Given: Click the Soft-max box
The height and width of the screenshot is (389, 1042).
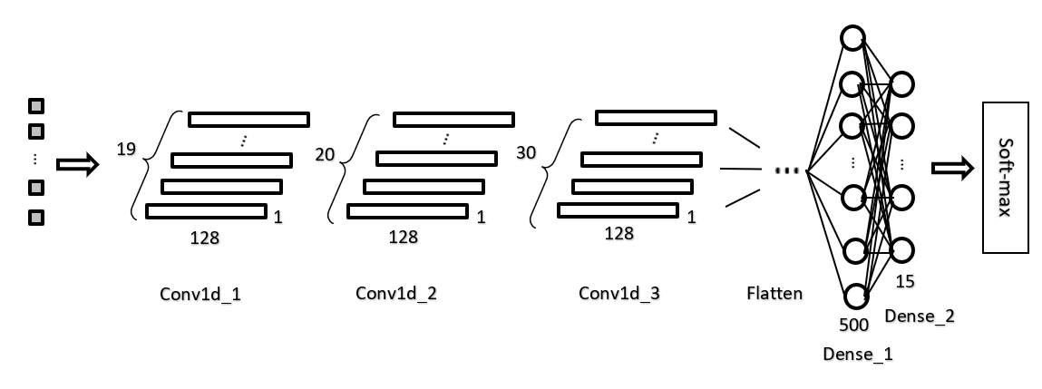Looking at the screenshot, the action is point(1006,178).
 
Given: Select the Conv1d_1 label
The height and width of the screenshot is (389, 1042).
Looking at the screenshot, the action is point(200,294).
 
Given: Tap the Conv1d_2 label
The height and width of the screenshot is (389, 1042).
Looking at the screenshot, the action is point(396,293).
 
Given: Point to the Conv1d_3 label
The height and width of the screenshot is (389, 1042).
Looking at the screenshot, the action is point(619,293).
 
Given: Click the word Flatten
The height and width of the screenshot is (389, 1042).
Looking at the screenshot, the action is point(774,293).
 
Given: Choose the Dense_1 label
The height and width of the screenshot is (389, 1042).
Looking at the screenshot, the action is point(857,354).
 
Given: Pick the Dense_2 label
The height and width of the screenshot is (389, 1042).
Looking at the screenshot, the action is point(919,316).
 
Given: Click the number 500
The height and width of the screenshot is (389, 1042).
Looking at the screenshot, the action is point(854,325).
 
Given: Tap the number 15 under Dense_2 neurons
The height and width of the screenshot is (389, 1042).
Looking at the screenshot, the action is point(905,281).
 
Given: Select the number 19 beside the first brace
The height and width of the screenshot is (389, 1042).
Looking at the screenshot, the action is point(126,149).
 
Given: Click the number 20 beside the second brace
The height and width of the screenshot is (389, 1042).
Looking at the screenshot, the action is point(325,154).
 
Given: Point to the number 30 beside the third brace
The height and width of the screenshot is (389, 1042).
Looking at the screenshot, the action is point(526,152).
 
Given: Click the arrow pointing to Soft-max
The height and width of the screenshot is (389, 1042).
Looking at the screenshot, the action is point(952,169).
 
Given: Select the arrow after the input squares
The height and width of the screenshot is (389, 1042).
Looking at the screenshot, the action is point(78,164).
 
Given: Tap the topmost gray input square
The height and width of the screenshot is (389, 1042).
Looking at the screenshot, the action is point(36,106).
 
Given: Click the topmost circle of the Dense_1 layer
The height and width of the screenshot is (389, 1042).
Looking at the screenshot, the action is point(852,38).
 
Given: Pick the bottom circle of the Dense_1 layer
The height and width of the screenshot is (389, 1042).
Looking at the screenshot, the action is point(857,297).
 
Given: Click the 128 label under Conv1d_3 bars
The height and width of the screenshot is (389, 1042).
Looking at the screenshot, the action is point(618,233).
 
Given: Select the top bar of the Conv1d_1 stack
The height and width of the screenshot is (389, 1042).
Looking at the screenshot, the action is point(248,120).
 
